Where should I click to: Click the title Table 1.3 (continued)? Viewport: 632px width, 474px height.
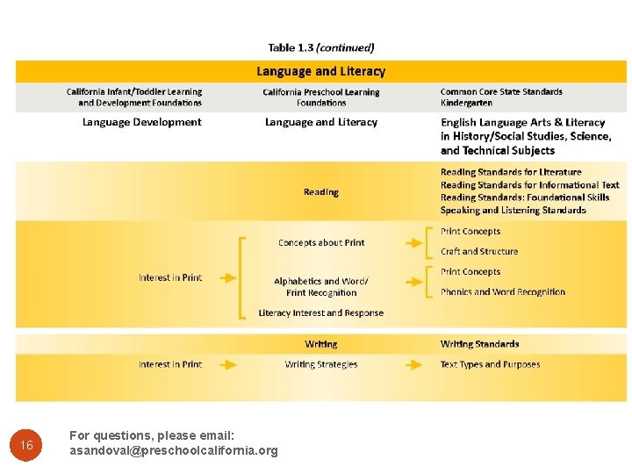(x=320, y=48)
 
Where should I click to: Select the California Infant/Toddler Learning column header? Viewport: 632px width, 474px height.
(x=134, y=97)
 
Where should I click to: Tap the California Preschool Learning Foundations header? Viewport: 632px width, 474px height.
(x=321, y=97)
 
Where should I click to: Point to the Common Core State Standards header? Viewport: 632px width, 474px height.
(x=501, y=97)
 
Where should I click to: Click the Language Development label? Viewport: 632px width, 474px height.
(x=142, y=123)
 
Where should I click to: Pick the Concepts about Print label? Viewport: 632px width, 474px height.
(x=321, y=242)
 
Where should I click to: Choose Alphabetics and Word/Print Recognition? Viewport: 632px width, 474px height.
(x=321, y=287)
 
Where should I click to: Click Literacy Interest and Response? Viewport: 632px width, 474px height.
(x=321, y=312)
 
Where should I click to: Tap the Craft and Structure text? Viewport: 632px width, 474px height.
(x=479, y=251)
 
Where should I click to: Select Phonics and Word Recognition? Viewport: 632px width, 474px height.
(x=503, y=292)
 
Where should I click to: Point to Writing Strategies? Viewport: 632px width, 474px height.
(x=321, y=364)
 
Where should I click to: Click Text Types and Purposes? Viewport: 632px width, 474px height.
(x=490, y=364)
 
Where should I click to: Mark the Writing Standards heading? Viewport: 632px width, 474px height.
(x=479, y=344)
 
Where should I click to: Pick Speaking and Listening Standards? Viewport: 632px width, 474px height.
(x=513, y=211)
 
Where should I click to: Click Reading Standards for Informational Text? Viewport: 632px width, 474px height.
(x=530, y=185)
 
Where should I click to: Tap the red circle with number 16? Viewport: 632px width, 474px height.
(x=27, y=446)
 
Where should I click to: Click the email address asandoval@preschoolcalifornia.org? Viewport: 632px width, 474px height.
(x=173, y=451)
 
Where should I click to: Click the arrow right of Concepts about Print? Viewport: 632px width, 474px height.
(x=412, y=242)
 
